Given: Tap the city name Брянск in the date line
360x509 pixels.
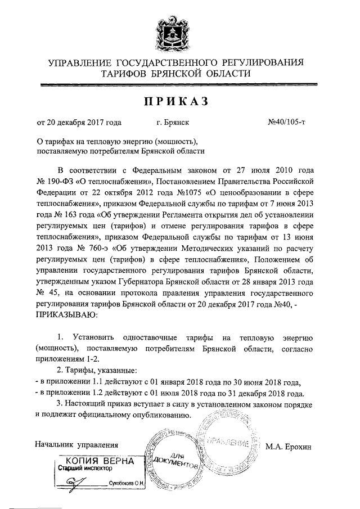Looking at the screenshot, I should pos(173,121).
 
